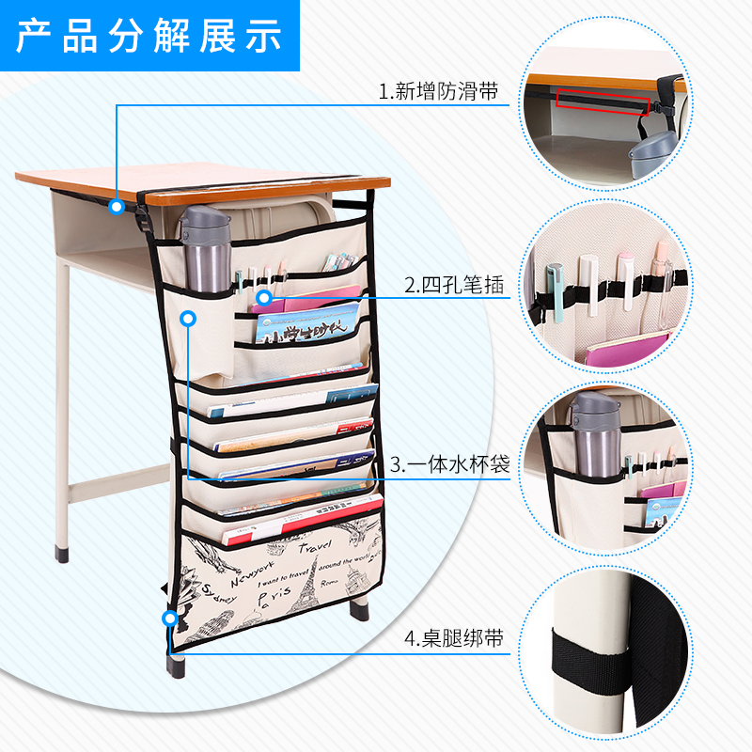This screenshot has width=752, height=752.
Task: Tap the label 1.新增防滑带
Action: (437, 91)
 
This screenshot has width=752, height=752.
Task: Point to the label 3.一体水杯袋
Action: (450, 464)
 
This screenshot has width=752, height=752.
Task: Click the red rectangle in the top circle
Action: (602, 99)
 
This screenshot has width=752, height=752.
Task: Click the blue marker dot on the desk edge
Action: (116, 206)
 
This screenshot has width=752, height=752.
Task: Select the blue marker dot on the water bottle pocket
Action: (189, 319)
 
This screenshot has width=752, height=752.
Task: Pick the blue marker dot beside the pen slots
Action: (264, 297)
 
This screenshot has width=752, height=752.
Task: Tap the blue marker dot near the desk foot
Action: (169, 618)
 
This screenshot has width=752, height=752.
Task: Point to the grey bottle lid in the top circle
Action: (654, 151)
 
